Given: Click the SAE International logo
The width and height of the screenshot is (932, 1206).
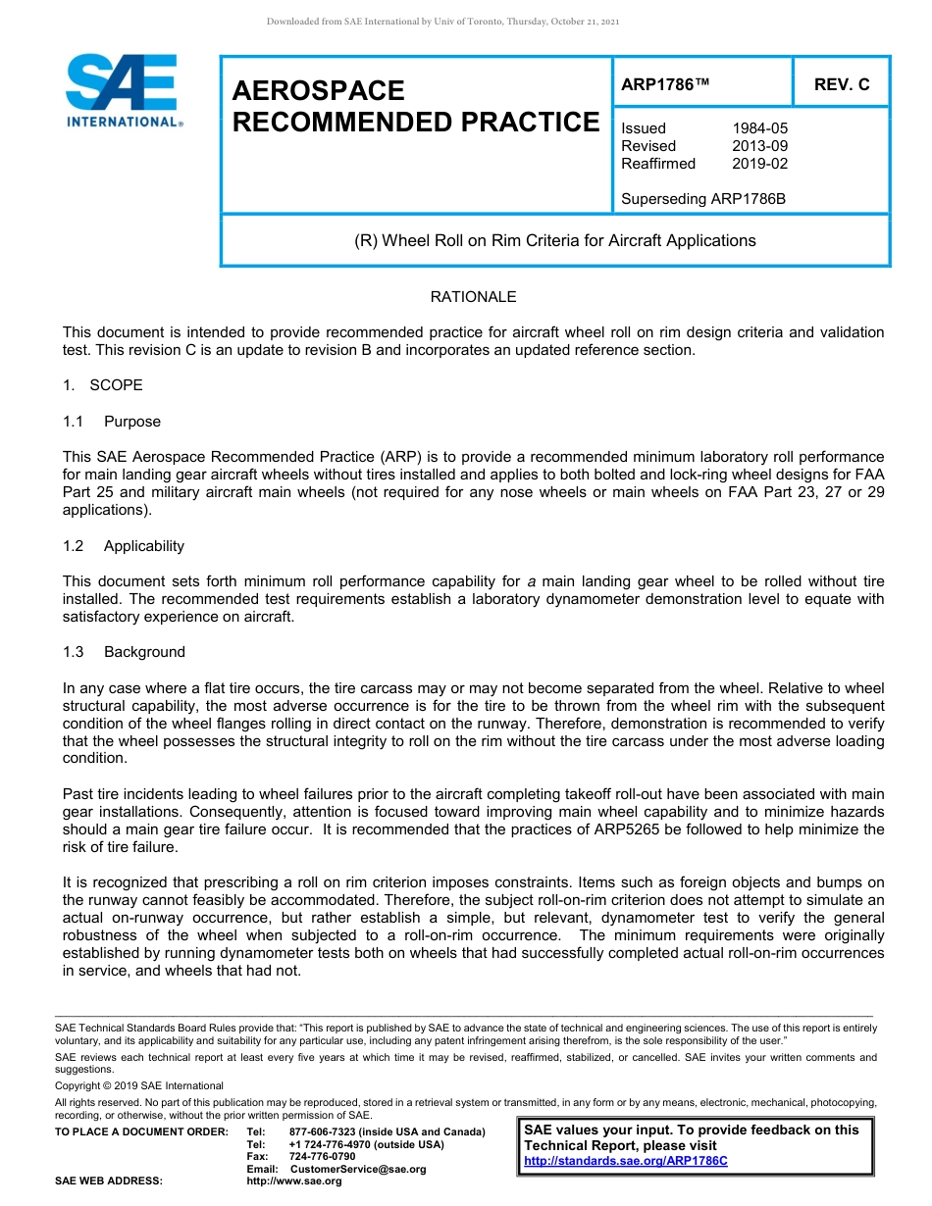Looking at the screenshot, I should (x=123, y=90).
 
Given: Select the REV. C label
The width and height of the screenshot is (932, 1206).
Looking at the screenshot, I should (x=842, y=85).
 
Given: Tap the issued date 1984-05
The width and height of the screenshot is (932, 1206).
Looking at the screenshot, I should (x=759, y=128).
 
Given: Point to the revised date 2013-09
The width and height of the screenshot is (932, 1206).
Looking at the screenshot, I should (x=759, y=146).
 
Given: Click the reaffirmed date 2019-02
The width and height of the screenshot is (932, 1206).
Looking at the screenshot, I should (x=759, y=164).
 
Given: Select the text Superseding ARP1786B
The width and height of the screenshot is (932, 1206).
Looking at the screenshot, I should (x=703, y=199).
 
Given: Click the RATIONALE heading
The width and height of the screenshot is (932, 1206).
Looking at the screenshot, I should (x=473, y=297).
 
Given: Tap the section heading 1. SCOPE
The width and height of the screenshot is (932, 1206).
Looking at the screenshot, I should (x=102, y=385).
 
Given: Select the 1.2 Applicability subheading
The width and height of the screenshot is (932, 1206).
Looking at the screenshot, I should (x=123, y=546).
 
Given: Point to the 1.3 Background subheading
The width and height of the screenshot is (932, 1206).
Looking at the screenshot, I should (x=123, y=652).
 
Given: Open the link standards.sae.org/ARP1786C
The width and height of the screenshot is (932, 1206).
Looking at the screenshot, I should (x=626, y=1161).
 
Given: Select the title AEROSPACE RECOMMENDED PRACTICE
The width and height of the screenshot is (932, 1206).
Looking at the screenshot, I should (x=415, y=106).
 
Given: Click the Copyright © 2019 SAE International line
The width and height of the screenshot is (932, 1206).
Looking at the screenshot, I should (x=139, y=1085).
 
